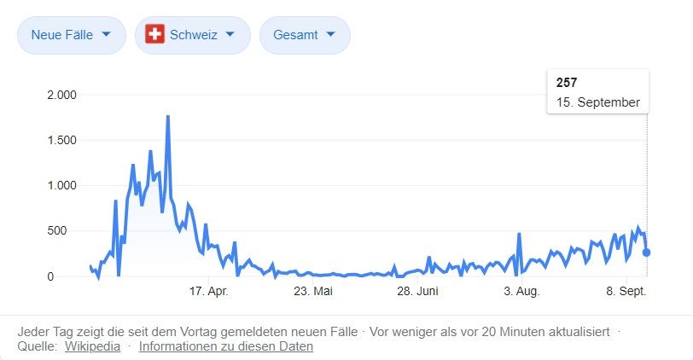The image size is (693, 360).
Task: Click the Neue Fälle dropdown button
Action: click(x=71, y=36)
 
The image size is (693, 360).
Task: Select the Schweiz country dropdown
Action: click(x=192, y=36)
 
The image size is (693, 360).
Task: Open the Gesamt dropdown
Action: click(x=305, y=36)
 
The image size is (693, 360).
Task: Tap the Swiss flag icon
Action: click(x=154, y=35)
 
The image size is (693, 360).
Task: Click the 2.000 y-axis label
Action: click(x=61, y=95)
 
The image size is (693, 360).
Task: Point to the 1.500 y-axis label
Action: click(x=61, y=140)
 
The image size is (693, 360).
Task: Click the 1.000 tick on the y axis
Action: click(x=61, y=185)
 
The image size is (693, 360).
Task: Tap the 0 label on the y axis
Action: click(x=73, y=276)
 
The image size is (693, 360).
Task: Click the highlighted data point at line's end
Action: click(x=647, y=253)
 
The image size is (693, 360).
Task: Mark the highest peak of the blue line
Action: click(x=168, y=116)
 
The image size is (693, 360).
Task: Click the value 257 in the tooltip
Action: click(x=567, y=83)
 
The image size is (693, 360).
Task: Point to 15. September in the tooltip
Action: click(x=597, y=102)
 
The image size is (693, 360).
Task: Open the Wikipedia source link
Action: click(x=92, y=346)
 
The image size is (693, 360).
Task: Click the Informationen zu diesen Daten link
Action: click(x=226, y=346)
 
